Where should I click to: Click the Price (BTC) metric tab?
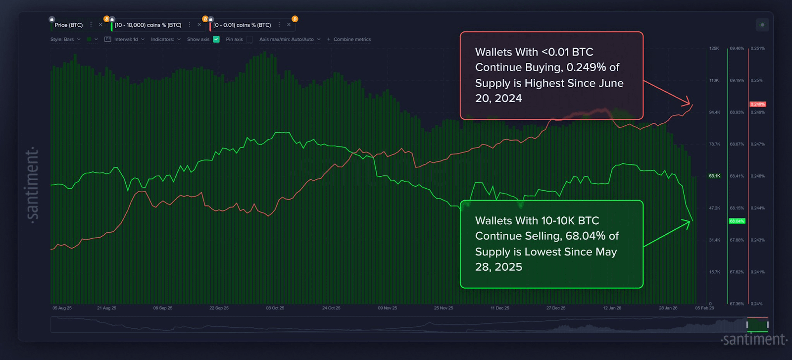68,25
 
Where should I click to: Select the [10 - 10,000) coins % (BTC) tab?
148,25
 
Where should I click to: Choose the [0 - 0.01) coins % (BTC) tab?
242,25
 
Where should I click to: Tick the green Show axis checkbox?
216,39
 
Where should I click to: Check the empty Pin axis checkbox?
249,39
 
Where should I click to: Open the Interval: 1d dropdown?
125,39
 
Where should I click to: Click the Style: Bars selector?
65,39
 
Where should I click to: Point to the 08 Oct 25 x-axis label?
275,308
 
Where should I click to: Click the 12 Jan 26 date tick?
612,308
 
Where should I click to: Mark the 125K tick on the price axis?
714,49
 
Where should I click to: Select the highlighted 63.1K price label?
714,176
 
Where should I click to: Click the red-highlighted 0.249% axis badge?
757,104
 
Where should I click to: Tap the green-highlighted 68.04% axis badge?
737,221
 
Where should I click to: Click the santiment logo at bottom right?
754,340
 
